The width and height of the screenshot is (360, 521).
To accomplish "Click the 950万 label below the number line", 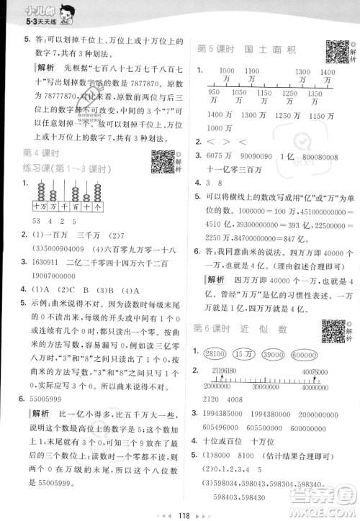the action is tap(213, 93).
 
